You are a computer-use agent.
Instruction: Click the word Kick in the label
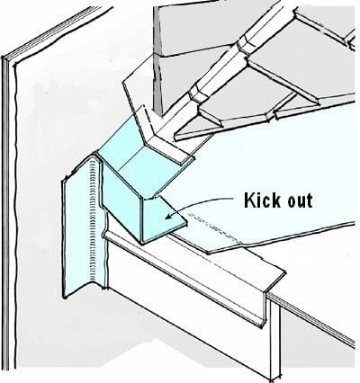click(262, 200)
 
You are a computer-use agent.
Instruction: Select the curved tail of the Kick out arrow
click(200, 201)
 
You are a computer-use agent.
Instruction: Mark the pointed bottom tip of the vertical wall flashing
click(64, 297)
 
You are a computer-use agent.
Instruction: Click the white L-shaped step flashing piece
click(155, 132)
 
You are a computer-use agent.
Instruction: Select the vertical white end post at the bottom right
click(275, 339)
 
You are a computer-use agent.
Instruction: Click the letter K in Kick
click(249, 200)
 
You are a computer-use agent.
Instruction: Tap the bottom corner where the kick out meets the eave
click(142, 242)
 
